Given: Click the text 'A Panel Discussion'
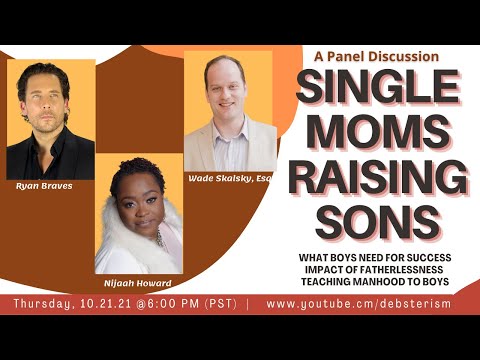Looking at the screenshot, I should pos(375,57).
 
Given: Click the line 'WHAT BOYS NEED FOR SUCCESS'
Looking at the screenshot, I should pos(384,258).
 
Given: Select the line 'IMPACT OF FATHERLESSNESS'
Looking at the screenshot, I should pos(384,271).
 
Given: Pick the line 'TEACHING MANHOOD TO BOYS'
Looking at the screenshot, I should pos(384,284).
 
